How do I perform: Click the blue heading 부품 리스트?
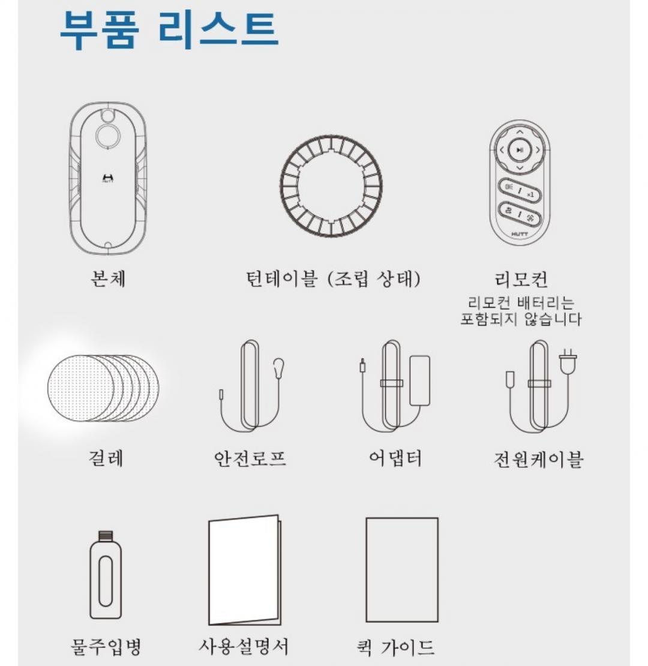169,30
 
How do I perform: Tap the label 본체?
108,278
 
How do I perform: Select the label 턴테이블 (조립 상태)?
334,279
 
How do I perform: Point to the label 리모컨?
521,280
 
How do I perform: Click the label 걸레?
106,458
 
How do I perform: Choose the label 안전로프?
250,458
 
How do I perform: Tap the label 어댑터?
395,458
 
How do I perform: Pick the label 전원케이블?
538,459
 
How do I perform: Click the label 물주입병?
106,646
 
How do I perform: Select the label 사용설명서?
244,646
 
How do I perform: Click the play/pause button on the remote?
520,150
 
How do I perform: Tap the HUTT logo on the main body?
108,178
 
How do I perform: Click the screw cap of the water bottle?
106,536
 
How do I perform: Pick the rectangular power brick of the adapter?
419,380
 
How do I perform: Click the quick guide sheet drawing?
402,569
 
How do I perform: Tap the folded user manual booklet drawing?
245,571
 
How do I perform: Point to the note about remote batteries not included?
521,311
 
